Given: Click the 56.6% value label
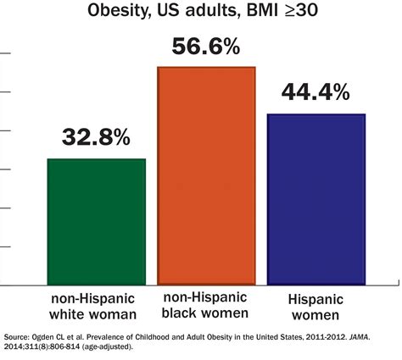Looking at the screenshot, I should point(207,47).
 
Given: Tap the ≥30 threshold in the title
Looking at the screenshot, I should point(293,12).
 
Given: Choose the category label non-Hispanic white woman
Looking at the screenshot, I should point(96,307).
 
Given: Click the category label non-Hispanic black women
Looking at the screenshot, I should point(207,307).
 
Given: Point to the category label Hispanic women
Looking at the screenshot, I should point(316,307).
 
